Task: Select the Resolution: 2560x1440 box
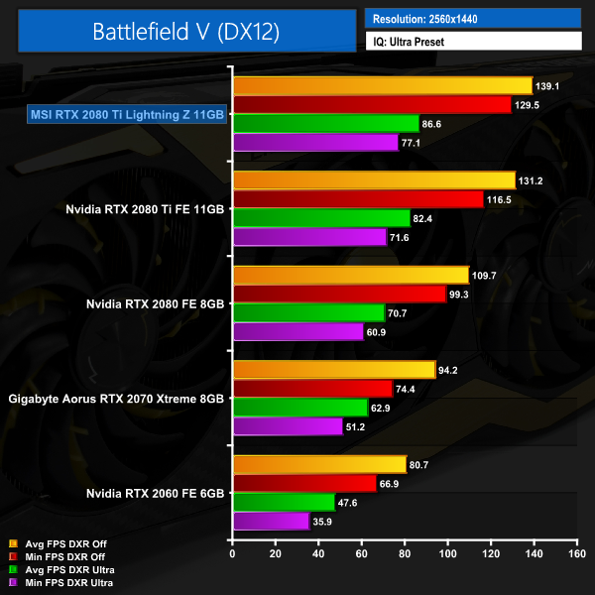[472, 18]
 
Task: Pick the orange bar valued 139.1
[382, 85]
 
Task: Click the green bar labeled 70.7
[307, 312]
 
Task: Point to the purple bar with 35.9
[271, 521]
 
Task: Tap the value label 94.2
[453, 370]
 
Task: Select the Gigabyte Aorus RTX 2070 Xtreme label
[116, 399]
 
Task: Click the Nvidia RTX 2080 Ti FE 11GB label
[143, 209]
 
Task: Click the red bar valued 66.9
[303, 483]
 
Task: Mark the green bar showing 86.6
[325, 124]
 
